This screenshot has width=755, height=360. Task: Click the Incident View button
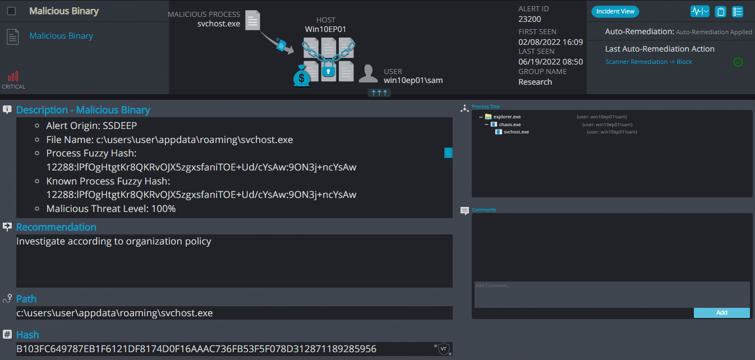click(615, 11)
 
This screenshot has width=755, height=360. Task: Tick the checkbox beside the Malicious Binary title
click(11, 11)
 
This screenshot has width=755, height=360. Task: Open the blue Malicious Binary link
click(61, 36)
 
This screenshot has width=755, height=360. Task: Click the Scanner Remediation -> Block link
click(648, 62)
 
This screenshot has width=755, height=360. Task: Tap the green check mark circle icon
click(738, 62)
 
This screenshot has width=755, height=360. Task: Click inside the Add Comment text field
click(612, 294)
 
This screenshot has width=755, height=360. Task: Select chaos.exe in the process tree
click(510, 124)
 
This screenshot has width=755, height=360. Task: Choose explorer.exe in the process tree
click(507, 117)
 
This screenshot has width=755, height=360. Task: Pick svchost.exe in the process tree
click(516, 132)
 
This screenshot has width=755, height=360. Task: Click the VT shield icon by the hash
click(443, 349)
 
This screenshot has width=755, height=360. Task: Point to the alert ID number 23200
click(530, 19)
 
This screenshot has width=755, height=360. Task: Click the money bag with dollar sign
click(301, 76)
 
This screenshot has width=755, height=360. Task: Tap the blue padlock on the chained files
click(328, 69)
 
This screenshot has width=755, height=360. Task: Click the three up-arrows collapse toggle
click(379, 93)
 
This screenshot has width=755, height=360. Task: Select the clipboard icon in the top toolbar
click(721, 12)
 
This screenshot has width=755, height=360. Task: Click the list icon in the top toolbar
click(738, 12)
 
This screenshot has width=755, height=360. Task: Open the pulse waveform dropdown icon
click(699, 11)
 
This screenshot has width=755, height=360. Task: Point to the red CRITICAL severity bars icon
click(13, 76)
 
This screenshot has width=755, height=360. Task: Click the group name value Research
click(535, 82)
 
